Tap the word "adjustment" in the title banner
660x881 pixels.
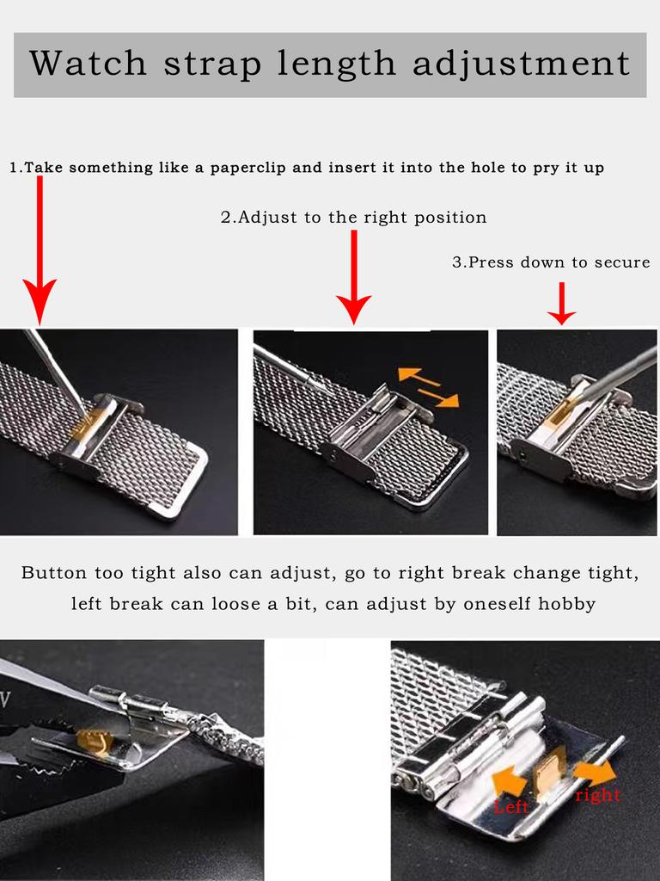pos(522,64)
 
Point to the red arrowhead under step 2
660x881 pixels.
pos(353,306)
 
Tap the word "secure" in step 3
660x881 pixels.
pos(622,262)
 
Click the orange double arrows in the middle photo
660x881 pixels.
pos(428,386)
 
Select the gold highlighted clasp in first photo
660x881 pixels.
pos(83,422)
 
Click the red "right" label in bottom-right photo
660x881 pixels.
pos(597,795)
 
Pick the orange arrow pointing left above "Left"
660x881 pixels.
pos(509,779)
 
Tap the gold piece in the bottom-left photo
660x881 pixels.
pos(92,742)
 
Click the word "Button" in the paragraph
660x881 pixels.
pos(56,573)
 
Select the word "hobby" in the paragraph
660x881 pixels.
pos(566,604)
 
